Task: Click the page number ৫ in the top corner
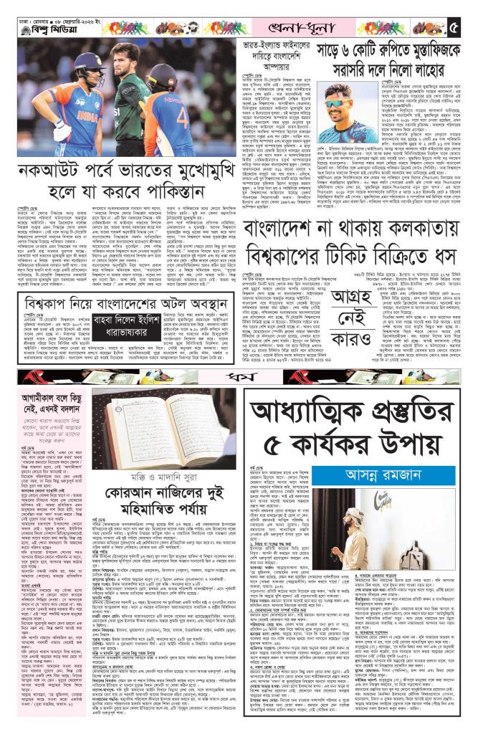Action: pyautogui.click(x=457, y=29)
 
